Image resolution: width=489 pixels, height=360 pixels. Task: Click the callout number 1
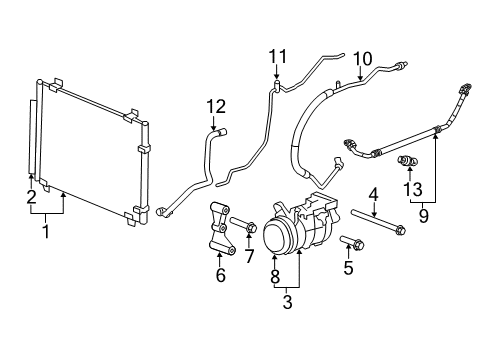pos(43,231)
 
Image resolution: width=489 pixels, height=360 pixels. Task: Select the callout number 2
pos(32,196)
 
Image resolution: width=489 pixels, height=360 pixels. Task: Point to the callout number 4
pos(373,193)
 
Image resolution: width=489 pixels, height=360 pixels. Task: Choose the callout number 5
pos(348,267)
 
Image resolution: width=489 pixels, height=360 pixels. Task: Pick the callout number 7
pos(250,257)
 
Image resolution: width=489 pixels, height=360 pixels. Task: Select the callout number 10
pos(361,58)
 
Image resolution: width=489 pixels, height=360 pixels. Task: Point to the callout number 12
pos(217,106)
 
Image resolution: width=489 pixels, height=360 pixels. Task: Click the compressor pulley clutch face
pos(277,243)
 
